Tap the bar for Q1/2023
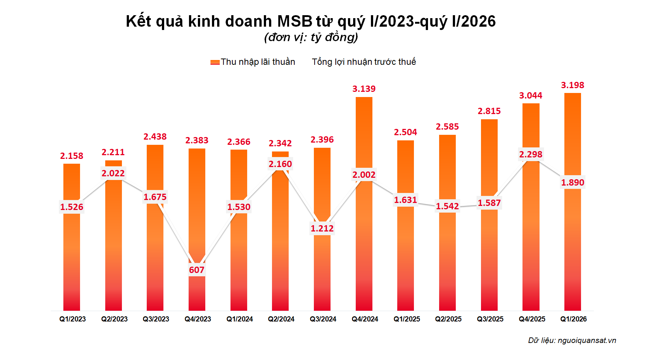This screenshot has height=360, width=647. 72,259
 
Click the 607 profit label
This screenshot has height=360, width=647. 196,270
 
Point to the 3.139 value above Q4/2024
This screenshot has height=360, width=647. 364,89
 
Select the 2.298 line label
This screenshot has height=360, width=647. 531,154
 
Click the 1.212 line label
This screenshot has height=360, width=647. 322,229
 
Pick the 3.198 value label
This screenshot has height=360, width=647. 573,85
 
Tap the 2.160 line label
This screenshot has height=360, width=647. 280,164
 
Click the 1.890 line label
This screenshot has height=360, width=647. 573,183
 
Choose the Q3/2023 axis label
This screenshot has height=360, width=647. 156,319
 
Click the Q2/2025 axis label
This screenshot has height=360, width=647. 448,319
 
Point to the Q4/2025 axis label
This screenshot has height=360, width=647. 532,319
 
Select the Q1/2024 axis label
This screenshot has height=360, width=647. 239,319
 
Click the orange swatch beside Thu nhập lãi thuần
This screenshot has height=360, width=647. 215,62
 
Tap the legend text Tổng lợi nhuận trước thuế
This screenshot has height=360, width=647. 364,62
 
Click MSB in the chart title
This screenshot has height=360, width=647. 295,21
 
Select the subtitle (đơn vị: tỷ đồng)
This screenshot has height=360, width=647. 311,37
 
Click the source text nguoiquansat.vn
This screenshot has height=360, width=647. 587,340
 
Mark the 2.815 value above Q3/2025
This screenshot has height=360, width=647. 489,111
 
